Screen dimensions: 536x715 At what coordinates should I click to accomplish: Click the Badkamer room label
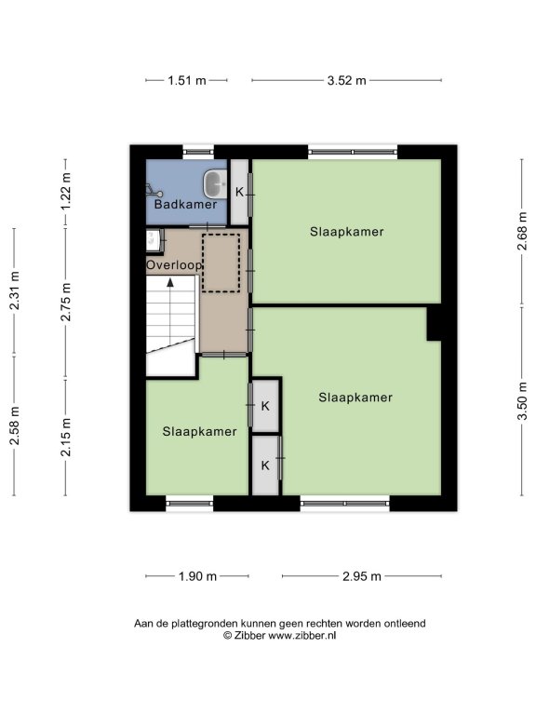tap(185, 204)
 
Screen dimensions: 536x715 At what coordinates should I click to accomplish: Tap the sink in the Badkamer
tap(215, 183)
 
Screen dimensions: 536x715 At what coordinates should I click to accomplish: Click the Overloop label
tap(174, 265)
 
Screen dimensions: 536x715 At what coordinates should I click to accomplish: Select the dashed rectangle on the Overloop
tap(221, 263)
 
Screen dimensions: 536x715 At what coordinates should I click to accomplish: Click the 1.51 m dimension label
tap(187, 81)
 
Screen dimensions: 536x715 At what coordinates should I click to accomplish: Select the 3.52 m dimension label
tap(346, 81)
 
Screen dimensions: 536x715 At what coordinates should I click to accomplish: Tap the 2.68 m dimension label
tap(522, 232)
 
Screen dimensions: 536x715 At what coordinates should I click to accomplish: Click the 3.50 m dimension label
tap(522, 401)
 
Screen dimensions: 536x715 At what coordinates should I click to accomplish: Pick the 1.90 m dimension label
tap(197, 576)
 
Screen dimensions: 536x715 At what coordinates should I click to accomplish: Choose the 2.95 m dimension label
tap(361, 576)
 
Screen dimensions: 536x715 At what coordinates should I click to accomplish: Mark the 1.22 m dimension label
tap(67, 192)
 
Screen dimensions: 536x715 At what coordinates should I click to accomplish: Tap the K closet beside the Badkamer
tap(239, 193)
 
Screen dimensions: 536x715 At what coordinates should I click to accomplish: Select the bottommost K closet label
tap(265, 465)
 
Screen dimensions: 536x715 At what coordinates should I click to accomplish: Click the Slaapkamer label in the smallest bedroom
tap(200, 431)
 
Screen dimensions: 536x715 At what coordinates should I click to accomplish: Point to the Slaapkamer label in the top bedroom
tap(347, 232)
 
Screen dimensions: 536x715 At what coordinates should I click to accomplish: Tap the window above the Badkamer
tap(198, 152)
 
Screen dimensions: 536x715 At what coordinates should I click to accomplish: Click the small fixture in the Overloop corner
tap(154, 240)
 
